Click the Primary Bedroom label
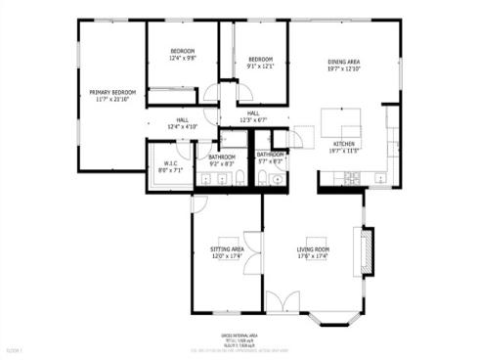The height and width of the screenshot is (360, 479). tap(111, 91)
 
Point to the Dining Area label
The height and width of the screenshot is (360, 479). tap(344, 63)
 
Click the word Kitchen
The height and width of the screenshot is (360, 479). tap(344, 143)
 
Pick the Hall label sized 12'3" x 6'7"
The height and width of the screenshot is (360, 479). tap(253, 113)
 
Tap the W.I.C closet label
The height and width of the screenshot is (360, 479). tap(170, 163)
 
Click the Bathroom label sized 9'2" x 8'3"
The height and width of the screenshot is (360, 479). tap(222, 157)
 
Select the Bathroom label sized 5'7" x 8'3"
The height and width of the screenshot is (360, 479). tap(270, 155)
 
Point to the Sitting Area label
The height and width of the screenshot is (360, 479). tap(227, 249)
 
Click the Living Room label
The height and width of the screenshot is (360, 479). tap(314, 249)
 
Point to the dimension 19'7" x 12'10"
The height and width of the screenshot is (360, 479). tap(344, 69)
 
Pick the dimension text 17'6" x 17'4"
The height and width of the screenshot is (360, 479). tap(314, 256)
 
